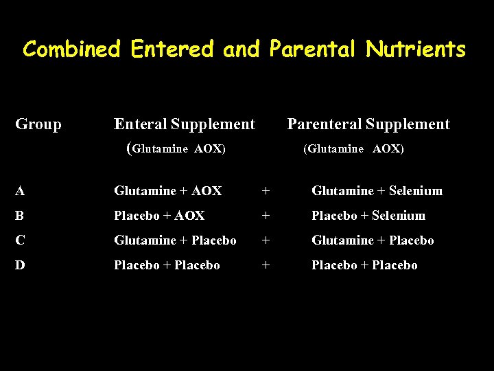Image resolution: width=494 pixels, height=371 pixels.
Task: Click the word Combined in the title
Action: coord(72,49)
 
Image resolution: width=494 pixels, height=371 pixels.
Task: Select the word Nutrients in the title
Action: coord(416,49)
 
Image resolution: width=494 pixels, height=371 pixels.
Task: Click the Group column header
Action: coord(38,124)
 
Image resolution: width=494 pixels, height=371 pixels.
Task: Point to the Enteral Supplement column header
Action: coord(184,124)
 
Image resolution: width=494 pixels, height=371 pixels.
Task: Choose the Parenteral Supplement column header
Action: coord(368,124)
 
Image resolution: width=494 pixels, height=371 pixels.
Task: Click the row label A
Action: coord(20,191)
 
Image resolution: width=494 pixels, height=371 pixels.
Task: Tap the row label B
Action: coord(20,216)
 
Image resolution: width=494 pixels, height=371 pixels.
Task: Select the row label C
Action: coord(20,240)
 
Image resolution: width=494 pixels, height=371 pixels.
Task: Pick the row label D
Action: coord(20,265)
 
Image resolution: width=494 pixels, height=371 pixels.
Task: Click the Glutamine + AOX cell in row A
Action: coord(167,191)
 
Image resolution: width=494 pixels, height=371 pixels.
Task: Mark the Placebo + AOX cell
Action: coord(159,216)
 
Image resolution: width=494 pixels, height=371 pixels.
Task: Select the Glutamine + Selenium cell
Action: coord(377,191)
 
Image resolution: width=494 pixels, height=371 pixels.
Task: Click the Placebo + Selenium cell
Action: coord(368,216)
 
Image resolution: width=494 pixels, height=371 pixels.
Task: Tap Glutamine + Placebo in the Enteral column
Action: coord(175,240)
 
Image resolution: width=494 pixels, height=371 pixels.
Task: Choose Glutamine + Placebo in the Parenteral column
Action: coord(373,240)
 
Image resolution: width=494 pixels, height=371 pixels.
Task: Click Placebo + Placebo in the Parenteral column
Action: coord(364,265)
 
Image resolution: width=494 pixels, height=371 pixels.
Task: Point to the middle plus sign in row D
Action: coord(266,265)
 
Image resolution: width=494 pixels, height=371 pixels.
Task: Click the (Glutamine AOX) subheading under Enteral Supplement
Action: coord(177,148)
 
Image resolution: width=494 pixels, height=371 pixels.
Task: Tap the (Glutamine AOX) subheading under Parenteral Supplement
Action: coord(353,149)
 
